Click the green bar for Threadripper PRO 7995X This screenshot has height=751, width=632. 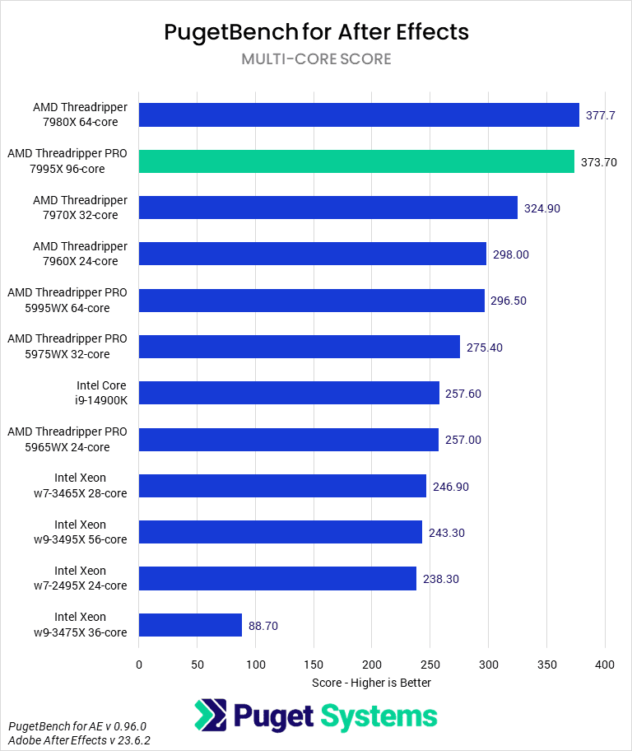[356, 161]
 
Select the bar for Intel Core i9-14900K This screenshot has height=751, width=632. [289, 393]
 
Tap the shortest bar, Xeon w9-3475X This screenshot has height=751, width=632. [190, 625]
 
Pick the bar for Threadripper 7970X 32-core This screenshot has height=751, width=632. [328, 208]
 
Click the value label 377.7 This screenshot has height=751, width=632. [601, 115]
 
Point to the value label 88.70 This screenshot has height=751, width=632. [263, 626]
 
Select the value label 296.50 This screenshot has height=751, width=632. [509, 301]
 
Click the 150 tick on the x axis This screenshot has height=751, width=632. [314, 665]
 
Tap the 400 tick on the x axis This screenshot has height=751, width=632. [605, 665]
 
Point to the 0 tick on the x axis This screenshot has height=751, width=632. [139, 665]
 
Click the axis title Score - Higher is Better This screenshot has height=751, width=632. [371, 683]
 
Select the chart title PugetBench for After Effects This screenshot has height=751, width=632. [316, 32]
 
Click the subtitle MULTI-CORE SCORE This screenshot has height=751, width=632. [316, 59]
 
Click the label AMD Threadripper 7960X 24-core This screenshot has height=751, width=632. [80, 254]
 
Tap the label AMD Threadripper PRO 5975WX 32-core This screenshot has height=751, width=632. [67, 347]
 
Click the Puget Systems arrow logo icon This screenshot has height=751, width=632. [211, 715]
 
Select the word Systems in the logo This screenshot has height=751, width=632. [379, 716]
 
